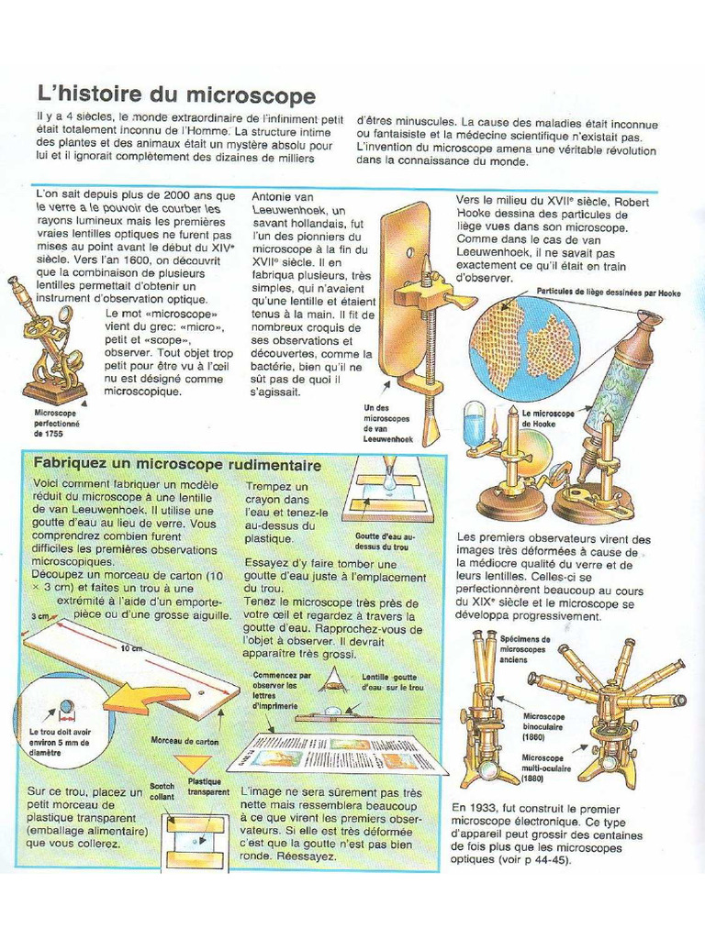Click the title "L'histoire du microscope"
[175, 96]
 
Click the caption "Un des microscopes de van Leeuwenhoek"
[388, 424]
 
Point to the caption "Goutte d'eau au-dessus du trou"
[385, 541]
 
